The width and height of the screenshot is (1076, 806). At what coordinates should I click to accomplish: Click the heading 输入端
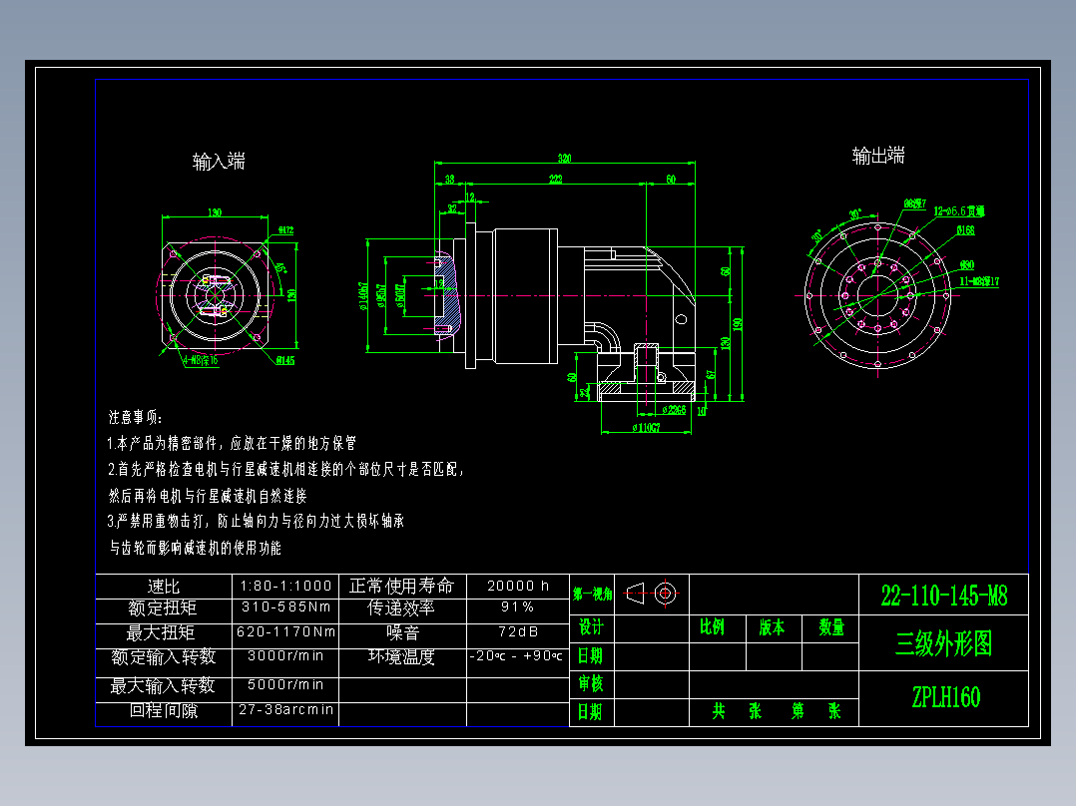(219, 162)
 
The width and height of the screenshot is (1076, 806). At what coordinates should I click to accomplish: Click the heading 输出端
(878, 156)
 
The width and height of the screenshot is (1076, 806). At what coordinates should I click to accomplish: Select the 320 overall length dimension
(564, 159)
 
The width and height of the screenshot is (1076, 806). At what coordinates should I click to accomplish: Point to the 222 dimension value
(555, 180)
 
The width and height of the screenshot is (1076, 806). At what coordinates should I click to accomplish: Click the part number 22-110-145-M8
(943, 597)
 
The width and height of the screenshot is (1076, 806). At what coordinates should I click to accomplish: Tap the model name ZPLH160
(944, 697)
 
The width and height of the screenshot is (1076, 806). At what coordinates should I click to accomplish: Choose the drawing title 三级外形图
(943, 644)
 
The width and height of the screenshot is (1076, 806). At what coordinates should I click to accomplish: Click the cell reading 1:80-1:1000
(285, 586)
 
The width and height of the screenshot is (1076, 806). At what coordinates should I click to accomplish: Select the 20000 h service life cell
(517, 586)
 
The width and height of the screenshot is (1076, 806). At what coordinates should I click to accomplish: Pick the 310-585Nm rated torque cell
(285, 606)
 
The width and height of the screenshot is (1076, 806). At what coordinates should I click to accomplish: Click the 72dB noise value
(517, 631)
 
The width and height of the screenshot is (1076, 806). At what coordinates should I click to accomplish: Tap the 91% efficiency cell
(517, 606)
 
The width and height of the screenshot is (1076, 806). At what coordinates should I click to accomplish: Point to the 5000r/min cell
(285, 685)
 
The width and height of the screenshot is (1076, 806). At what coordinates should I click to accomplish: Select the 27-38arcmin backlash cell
(285, 710)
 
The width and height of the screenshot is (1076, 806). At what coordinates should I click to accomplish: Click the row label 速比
(163, 586)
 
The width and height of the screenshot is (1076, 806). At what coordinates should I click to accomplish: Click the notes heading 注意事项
(141, 416)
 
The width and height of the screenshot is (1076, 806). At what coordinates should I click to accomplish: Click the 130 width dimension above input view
(214, 212)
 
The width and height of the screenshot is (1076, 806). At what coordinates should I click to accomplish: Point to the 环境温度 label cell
(402, 656)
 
